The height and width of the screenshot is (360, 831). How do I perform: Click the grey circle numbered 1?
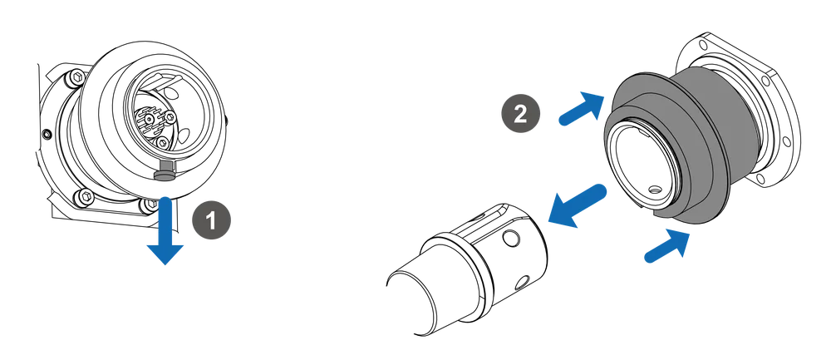coord(211,220)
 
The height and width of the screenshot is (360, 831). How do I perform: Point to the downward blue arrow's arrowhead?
coord(165,255)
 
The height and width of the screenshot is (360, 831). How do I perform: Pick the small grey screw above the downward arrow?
coord(165,172)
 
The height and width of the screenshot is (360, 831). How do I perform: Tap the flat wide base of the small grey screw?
coord(165,175)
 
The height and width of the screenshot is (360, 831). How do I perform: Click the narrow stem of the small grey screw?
coord(165,166)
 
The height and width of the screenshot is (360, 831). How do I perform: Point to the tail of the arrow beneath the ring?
coord(646,259)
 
